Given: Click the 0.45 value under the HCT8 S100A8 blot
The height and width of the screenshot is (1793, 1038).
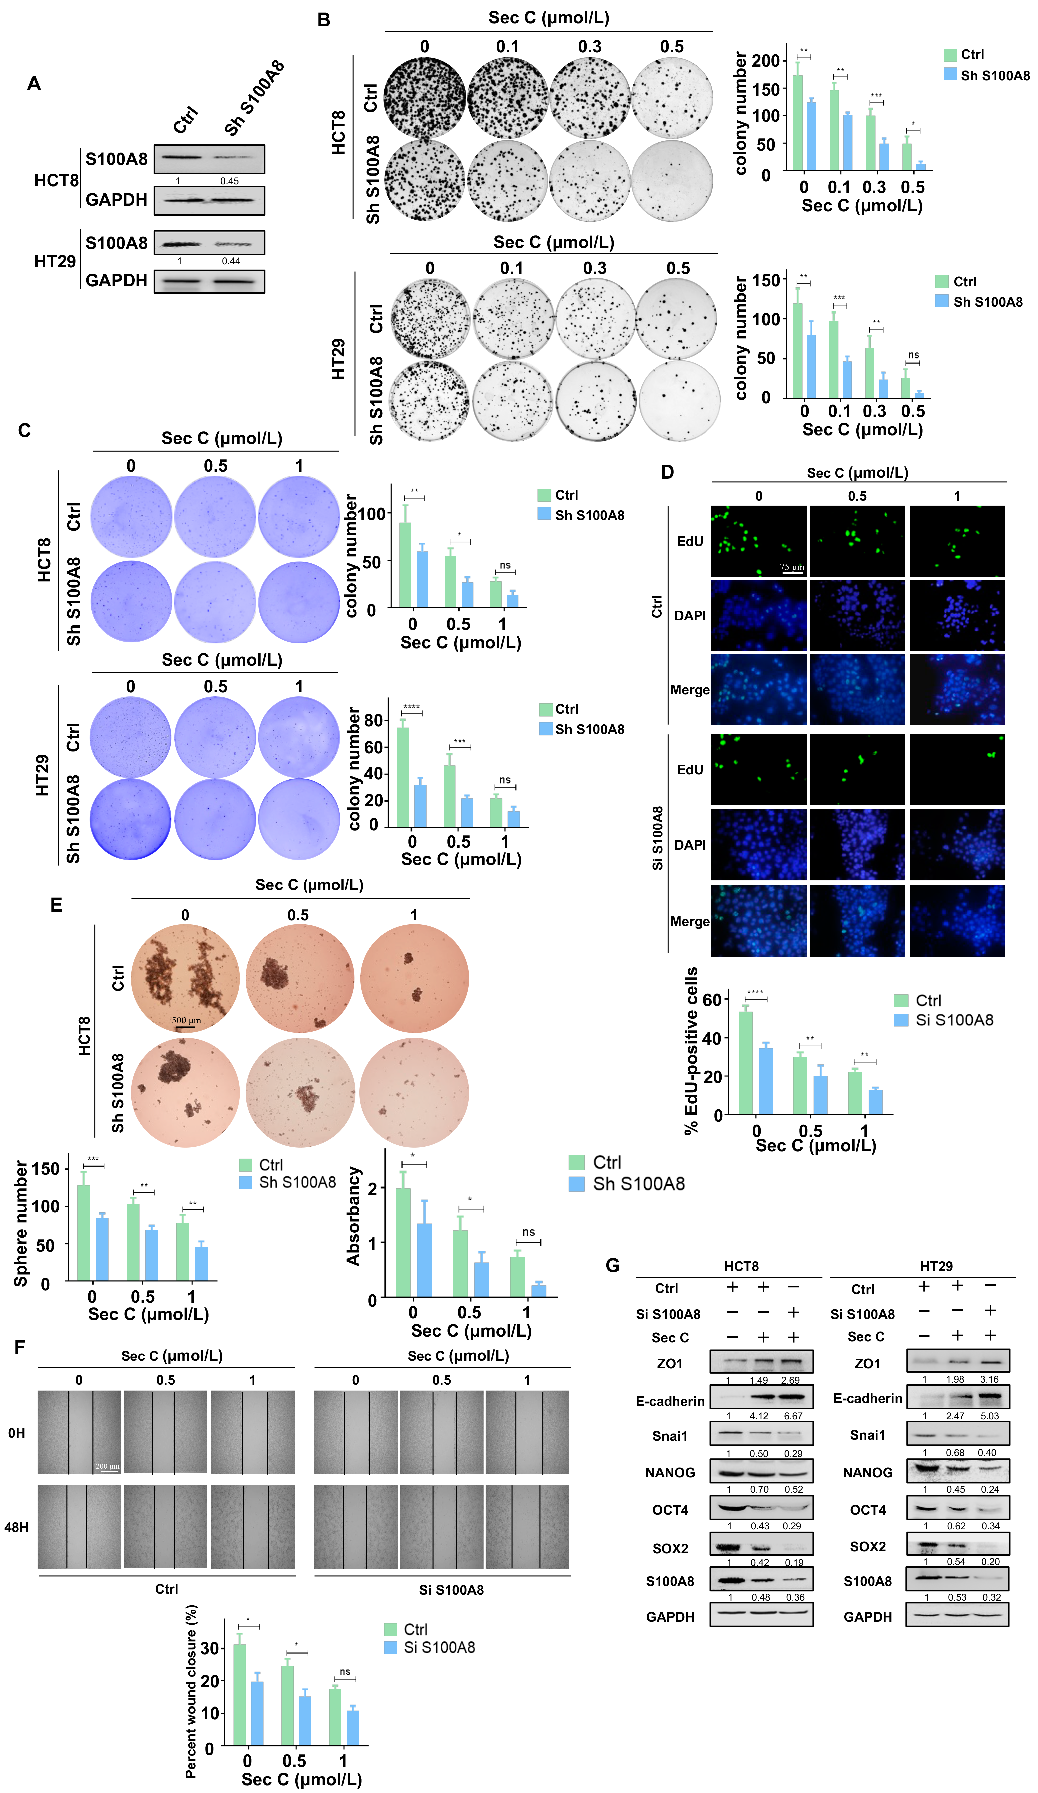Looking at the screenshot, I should point(229,181).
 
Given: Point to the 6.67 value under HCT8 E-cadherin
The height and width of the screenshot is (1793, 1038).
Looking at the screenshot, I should point(793,1416).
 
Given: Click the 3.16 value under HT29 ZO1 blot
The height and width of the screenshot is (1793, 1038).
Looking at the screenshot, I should point(989,1379).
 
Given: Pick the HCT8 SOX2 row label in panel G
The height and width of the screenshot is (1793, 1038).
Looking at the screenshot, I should point(670,1548).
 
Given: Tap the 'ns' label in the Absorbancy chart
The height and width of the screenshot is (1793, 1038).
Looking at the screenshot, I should point(528,1232).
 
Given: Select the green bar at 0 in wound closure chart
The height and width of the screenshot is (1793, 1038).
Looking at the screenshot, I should point(240,1694).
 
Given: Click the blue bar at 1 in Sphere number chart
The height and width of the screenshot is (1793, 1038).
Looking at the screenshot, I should point(201,1264).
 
